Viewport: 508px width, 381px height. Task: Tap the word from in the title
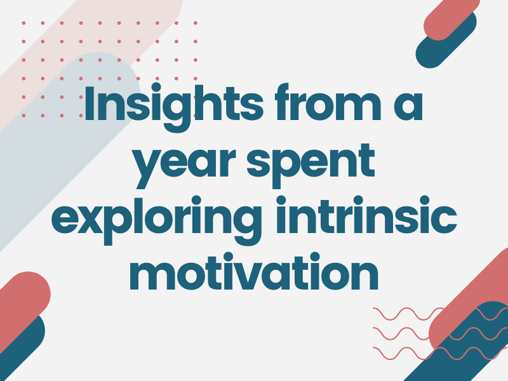[328, 102]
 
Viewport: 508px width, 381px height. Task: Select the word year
[185, 164]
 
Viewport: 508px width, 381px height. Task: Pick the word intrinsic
[366, 215]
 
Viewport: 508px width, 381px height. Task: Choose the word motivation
[254, 272]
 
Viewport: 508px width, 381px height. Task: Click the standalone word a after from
[408, 106]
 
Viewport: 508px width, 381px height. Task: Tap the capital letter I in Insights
[89, 103]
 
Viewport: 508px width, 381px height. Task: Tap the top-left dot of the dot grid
[23, 23]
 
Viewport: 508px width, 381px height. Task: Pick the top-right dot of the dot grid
[196, 23]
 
